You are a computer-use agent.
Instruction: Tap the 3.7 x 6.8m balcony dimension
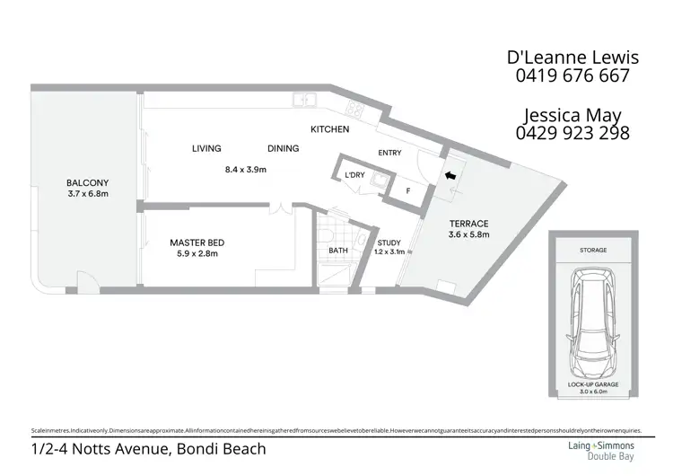click(x=87, y=193)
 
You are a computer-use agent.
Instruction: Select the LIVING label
click(x=205, y=148)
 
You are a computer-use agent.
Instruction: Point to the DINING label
click(x=283, y=148)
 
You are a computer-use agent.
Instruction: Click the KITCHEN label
click(x=329, y=130)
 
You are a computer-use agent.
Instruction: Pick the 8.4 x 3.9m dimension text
click(x=246, y=169)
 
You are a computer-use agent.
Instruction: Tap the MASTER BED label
click(x=197, y=242)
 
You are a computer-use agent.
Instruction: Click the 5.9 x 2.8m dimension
click(x=197, y=254)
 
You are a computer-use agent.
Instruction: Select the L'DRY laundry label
click(x=355, y=175)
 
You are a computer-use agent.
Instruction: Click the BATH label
click(x=338, y=251)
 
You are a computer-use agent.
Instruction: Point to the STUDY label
click(x=389, y=242)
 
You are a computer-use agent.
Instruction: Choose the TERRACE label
click(x=468, y=224)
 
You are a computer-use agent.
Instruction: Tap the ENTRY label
click(x=389, y=154)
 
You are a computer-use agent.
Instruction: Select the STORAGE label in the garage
click(x=592, y=251)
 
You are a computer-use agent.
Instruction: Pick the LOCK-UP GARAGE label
click(x=592, y=383)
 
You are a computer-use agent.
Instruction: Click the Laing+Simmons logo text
click(x=599, y=444)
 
